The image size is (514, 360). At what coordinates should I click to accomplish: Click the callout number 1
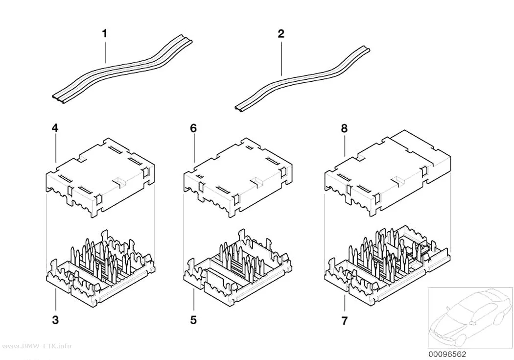click(x=105, y=33)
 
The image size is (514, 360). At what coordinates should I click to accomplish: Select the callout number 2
click(x=281, y=33)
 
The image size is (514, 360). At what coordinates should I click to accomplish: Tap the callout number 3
click(x=55, y=320)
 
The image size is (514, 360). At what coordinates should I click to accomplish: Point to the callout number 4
click(x=55, y=128)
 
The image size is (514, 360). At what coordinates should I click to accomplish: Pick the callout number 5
click(x=193, y=320)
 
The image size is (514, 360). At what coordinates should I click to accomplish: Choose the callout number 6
click(x=193, y=128)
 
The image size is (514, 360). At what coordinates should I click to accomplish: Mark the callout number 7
click(x=344, y=321)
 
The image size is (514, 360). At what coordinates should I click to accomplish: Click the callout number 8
click(x=344, y=128)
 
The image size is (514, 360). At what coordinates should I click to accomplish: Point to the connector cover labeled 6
click(x=237, y=177)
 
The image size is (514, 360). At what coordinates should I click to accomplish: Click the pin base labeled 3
click(x=100, y=269)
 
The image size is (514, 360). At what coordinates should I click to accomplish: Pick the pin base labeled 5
click(x=237, y=269)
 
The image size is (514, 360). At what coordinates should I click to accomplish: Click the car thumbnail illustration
click(x=470, y=318)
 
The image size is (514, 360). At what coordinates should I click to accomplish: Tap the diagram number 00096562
click(x=447, y=354)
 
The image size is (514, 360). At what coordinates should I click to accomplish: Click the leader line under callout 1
click(x=106, y=50)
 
